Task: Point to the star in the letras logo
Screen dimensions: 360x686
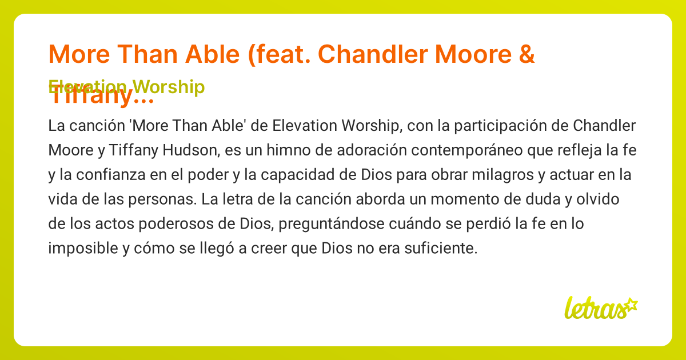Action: point(631,305)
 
